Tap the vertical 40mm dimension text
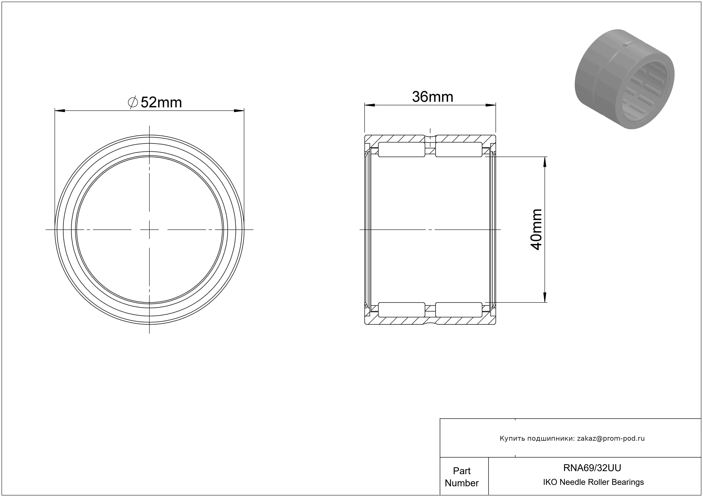coord(536,230)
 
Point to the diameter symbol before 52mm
coord(133,102)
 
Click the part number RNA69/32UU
coord(592,468)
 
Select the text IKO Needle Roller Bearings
coord(593,482)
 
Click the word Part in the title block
coord(462,471)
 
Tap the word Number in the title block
coord(462,483)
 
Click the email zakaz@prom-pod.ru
coord(611,438)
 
